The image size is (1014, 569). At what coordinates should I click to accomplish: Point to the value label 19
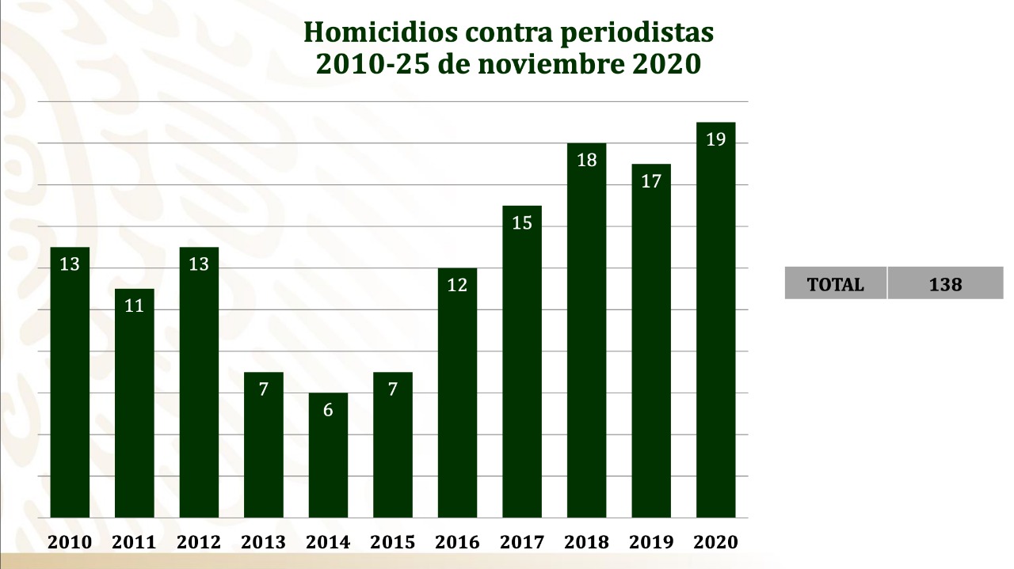(715, 140)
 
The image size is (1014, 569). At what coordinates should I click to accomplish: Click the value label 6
(328, 410)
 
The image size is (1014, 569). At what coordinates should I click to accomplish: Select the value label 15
(522, 223)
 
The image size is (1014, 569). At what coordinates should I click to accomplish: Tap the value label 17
(651, 182)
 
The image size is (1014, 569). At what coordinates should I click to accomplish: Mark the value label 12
(457, 285)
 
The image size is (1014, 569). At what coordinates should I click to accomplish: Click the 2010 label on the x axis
(70, 543)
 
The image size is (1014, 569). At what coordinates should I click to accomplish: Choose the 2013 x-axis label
(263, 543)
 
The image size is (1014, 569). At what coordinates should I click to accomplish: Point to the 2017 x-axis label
(522, 543)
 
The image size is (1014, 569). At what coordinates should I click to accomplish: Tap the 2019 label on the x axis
(651, 543)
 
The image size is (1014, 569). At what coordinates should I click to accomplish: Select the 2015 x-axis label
(392, 543)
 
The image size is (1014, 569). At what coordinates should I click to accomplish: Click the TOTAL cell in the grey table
(835, 284)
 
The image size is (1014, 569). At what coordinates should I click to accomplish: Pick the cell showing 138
(945, 284)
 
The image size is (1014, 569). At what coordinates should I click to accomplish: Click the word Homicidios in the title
(369, 33)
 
